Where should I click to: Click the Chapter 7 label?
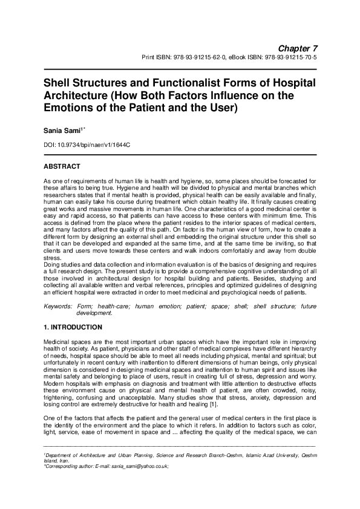[298, 48]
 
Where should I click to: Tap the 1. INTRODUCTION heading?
[73, 327]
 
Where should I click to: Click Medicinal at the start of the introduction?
[57, 342]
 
